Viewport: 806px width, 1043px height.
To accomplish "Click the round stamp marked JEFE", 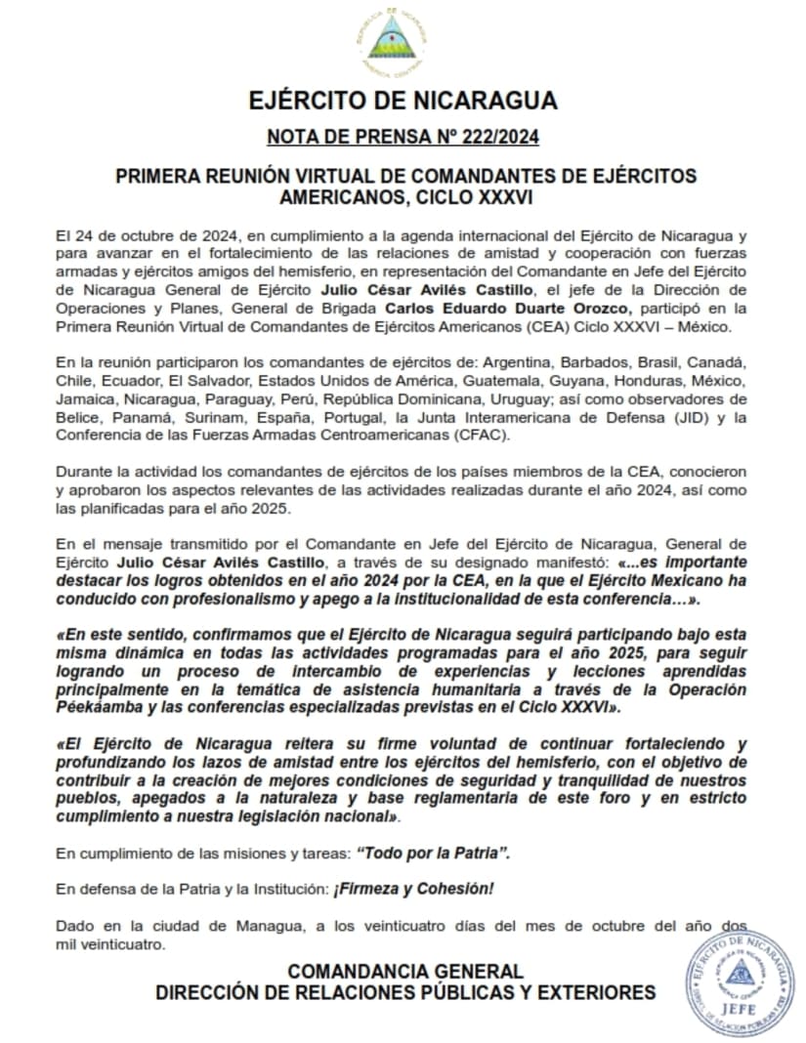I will click(x=740, y=981).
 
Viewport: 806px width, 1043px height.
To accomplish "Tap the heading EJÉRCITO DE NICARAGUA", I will click(x=403, y=101).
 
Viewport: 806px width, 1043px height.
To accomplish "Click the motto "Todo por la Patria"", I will click(x=434, y=853).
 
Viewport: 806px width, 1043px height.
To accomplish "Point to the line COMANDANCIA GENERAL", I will click(x=405, y=972).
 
